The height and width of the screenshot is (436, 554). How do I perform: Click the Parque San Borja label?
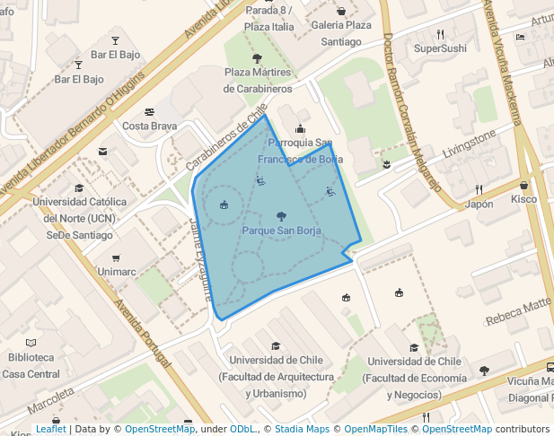click(x=281, y=231)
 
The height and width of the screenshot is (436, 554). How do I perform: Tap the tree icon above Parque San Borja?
click(x=281, y=216)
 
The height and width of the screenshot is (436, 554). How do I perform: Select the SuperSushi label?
click(x=440, y=48)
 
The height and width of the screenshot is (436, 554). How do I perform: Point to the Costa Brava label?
click(x=150, y=126)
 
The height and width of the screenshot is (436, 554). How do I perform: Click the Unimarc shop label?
click(x=116, y=271)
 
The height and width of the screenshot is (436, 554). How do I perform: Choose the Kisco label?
click(x=523, y=199)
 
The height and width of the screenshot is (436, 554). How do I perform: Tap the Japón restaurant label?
click(x=479, y=204)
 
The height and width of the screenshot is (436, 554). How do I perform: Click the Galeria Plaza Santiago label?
click(x=341, y=33)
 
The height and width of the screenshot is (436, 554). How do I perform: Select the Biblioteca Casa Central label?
click(x=31, y=364)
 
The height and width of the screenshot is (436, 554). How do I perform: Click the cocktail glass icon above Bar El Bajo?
click(x=115, y=40)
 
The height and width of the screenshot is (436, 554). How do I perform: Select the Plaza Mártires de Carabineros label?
click(x=258, y=80)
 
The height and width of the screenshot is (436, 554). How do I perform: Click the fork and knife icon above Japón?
click(x=479, y=189)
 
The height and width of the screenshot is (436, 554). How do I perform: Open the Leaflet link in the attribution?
click(x=50, y=429)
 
